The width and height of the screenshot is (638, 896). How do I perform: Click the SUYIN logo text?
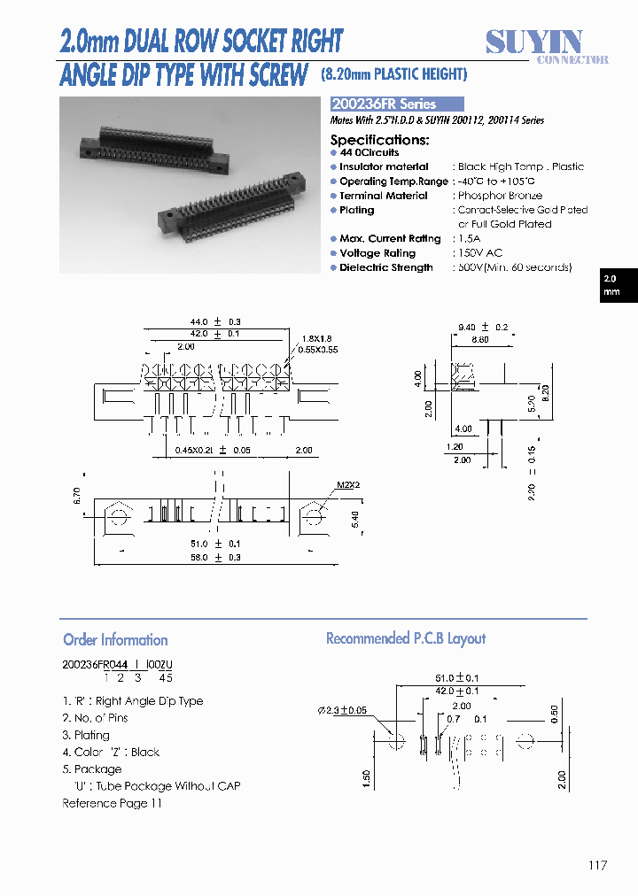(x=534, y=41)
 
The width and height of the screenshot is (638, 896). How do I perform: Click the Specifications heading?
(x=379, y=140)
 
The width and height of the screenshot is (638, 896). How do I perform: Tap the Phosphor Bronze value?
(x=500, y=196)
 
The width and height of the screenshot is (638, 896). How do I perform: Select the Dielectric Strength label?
(x=385, y=267)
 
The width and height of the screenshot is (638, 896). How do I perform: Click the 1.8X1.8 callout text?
(x=315, y=339)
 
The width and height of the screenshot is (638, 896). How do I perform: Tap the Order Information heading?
(x=115, y=639)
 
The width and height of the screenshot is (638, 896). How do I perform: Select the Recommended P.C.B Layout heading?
(x=406, y=638)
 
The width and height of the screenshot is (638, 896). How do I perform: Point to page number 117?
(x=597, y=865)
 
